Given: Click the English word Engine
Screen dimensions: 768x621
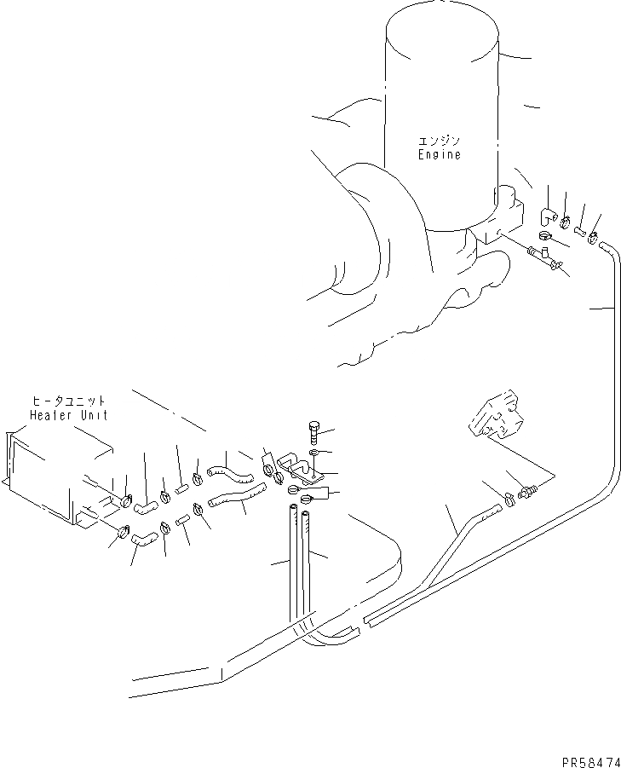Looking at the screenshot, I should [x=439, y=155].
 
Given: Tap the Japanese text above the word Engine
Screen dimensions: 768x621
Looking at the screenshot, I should [x=439, y=141].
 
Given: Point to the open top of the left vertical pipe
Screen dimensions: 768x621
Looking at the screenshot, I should [x=294, y=510].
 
